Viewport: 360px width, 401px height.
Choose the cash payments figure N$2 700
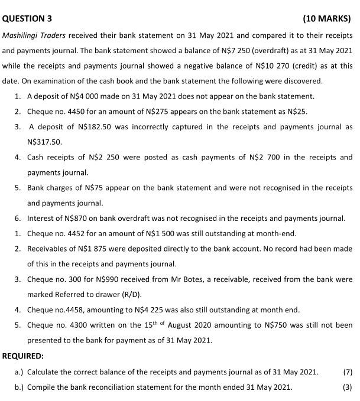pos(247,157)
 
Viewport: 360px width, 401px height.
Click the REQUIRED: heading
pos(23,357)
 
